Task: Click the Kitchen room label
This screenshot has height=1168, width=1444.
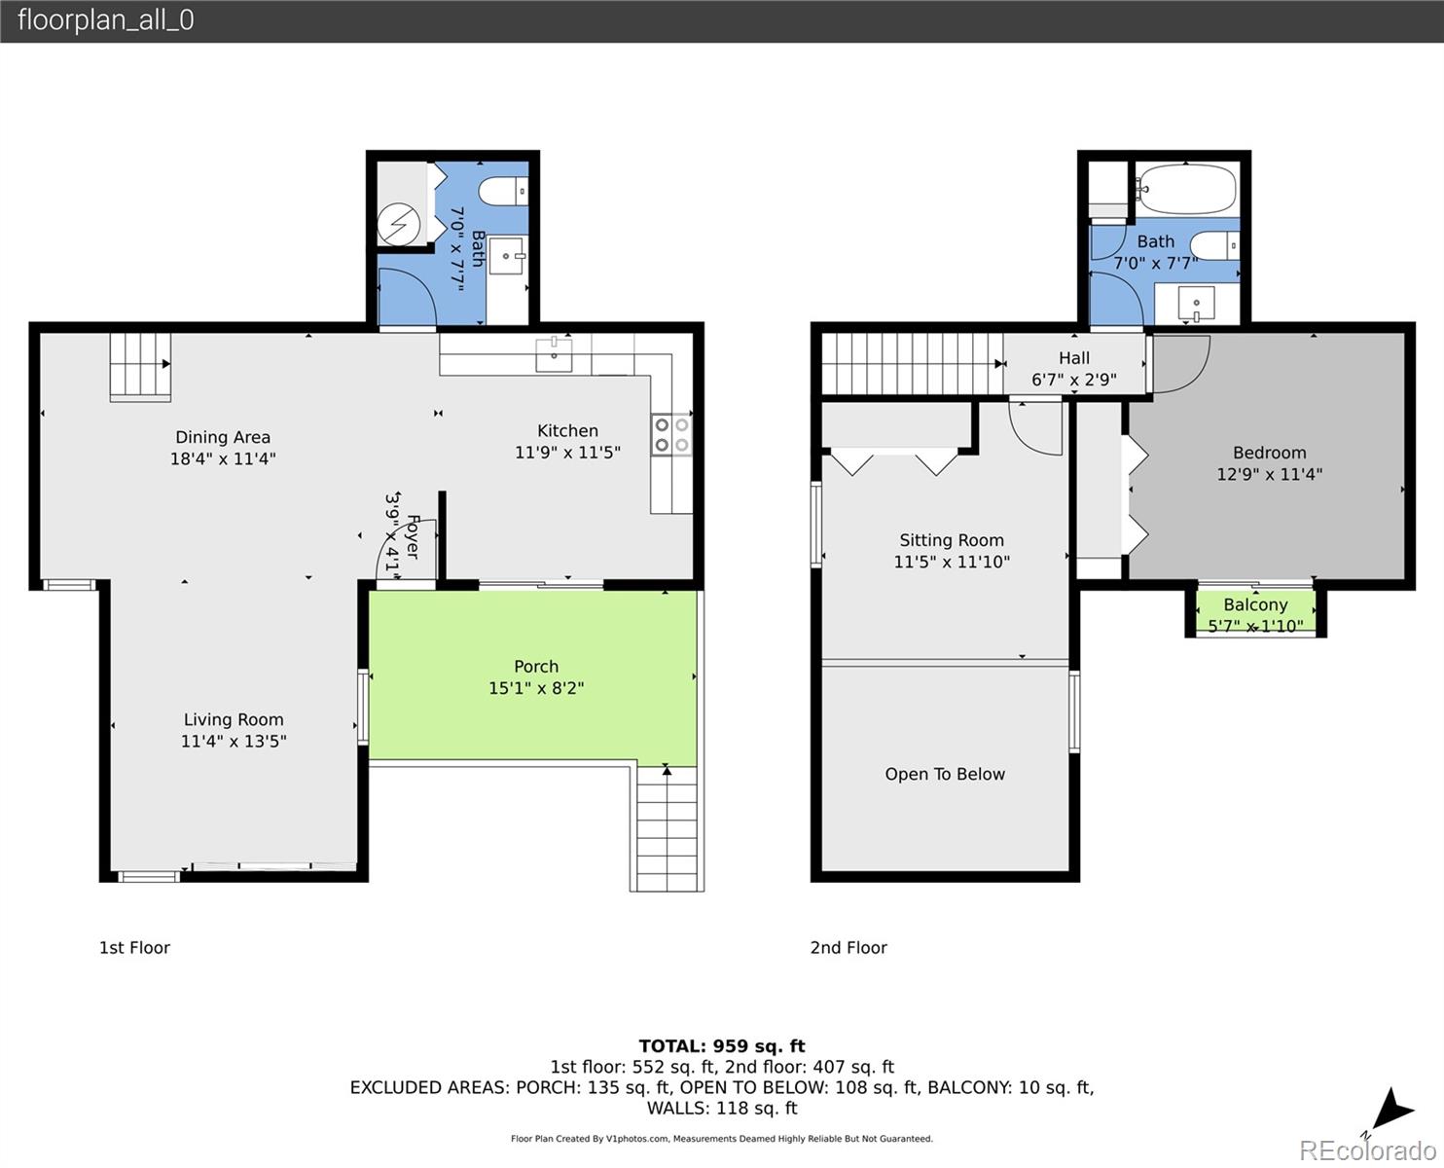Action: [567, 430]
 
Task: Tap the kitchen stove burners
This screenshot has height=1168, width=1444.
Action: [671, 434]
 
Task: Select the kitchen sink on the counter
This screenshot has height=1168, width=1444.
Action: [554, 354]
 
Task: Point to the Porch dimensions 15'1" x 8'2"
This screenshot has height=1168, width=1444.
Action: [536, 688]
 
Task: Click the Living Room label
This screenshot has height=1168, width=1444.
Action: [234, 719]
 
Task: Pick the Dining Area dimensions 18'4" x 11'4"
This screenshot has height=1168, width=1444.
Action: [223, 459]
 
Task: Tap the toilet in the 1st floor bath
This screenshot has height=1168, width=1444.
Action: [503, 191]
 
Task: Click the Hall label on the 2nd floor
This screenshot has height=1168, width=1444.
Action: [1074, 358]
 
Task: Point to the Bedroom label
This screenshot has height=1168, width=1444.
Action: [1269, 453]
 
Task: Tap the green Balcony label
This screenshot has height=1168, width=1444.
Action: [1255, 604]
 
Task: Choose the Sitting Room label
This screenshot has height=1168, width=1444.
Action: [951, 540]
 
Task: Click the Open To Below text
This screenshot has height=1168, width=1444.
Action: [945, 774]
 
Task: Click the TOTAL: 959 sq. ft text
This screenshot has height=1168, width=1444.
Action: [722, 1046]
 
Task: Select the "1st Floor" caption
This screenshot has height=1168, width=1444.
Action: [134, 948]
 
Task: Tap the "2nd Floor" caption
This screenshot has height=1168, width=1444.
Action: [848, 948]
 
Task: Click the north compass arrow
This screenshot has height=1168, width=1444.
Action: [1391, 1112]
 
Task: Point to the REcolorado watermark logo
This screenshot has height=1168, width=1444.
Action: [1367, 1150]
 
